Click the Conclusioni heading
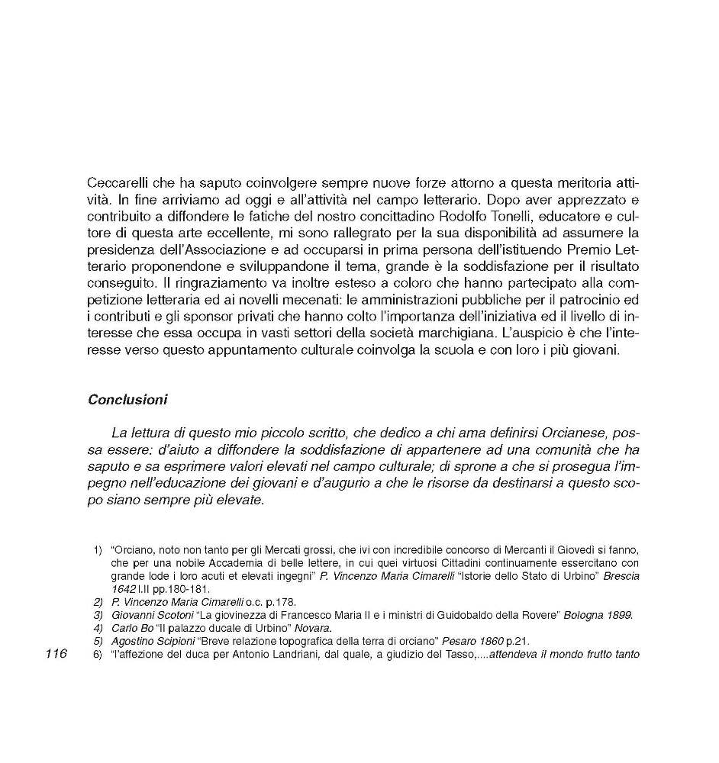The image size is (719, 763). coord(127,399)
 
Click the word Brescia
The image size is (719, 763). coord(621,576)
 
